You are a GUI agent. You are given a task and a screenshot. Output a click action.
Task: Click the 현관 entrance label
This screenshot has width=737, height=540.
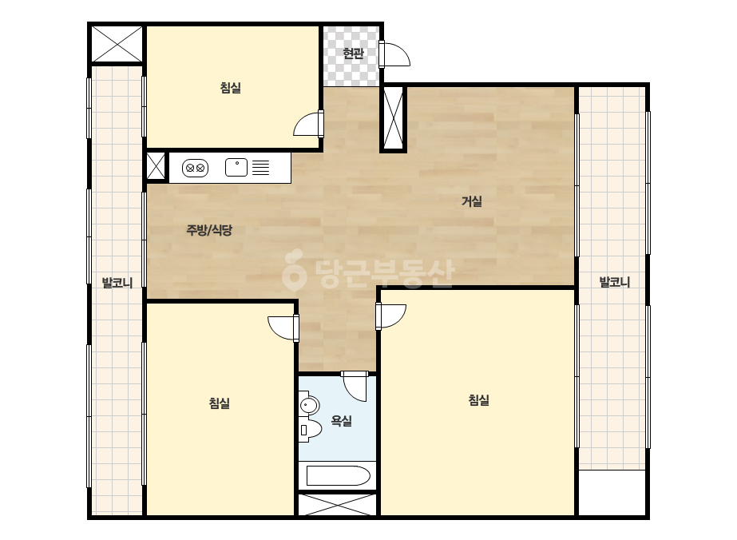click(353, 54)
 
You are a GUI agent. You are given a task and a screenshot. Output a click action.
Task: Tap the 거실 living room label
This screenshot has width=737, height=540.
click(471, 201)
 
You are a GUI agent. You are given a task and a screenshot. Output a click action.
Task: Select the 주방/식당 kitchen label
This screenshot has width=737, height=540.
click(209, 230)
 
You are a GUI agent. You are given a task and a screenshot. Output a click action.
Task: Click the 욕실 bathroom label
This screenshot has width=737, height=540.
click(341, 420)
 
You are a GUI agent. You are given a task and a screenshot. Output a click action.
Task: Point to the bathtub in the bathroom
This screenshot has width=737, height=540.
click(338, 475)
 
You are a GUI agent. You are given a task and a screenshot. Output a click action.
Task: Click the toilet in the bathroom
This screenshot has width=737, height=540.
click(309, 429)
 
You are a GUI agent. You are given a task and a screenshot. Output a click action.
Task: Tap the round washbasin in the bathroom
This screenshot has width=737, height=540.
click(308, 405)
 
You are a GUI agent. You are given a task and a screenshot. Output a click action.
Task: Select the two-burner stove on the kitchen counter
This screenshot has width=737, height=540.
click(195, 168)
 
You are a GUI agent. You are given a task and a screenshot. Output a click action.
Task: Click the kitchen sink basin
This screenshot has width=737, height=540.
click(236, 168)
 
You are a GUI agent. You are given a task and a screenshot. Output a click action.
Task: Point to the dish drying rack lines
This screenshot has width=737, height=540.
click(261, 168)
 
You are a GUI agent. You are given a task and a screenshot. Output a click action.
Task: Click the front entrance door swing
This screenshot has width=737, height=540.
click(394, 54)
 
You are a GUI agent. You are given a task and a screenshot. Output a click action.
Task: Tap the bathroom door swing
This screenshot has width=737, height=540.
click(355, 386)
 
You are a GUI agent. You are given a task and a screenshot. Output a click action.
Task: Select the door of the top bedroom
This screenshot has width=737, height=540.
click(309, 123)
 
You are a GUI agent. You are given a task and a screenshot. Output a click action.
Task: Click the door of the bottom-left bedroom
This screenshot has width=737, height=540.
click(283, 328)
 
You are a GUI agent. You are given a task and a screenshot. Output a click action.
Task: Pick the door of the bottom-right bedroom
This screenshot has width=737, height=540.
click(391, 316)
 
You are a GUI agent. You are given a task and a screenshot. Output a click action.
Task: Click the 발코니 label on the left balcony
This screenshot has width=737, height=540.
click(117, 283)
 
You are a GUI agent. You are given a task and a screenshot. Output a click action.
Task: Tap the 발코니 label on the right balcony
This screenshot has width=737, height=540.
click(614, 282)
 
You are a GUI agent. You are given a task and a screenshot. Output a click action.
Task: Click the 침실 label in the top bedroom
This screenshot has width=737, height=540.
click(230, 88)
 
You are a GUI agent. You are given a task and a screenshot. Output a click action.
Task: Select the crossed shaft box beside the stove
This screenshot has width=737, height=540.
click(156, 166)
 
